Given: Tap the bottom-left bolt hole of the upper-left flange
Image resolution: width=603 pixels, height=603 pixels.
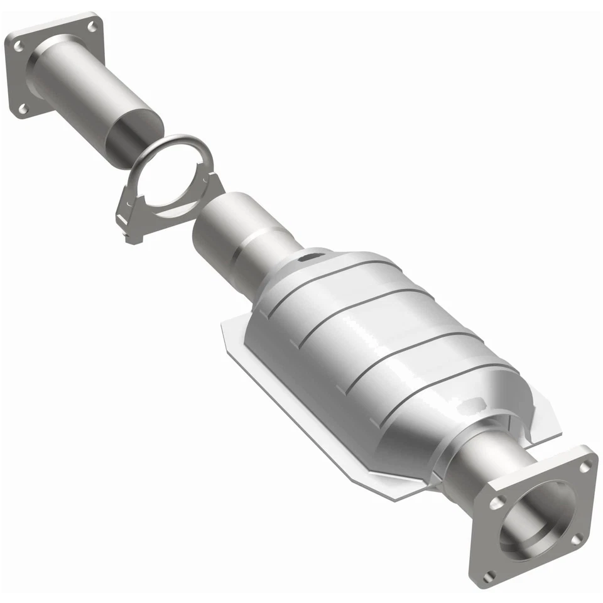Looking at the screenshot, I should (x=22, y=109).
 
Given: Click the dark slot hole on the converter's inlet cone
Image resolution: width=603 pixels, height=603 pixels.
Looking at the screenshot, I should (x=309, y=257).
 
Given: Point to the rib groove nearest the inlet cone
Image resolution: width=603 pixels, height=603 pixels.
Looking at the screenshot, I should (x=314, y=295).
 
